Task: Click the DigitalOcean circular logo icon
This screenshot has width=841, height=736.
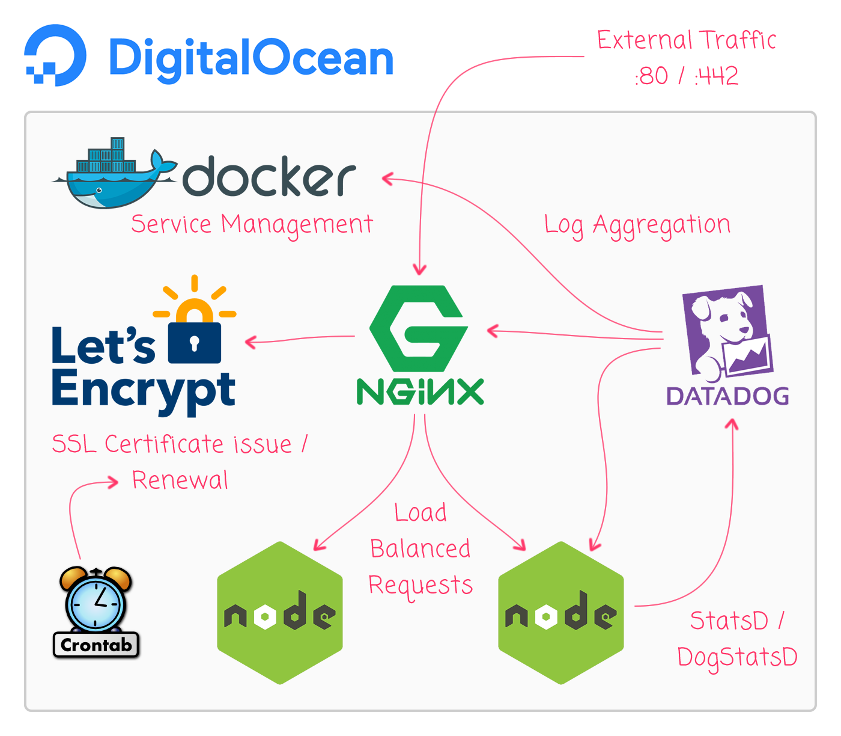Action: tap(55, 55)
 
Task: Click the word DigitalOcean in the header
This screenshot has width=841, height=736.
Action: tap(250, 58)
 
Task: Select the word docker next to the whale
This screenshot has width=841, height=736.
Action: tap(269, 177)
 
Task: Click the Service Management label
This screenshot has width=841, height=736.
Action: tap(252, 225)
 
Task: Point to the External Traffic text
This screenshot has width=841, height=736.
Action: tap(686, 40)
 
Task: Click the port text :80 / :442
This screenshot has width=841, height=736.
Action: tap(686, 76)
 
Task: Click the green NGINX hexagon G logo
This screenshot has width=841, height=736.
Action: tap(419, 328)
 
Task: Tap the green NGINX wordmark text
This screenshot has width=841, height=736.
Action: tap(420, 392)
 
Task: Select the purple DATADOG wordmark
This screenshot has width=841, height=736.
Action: tap(727, 396)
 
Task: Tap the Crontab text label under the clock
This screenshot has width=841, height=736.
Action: tap(96, 645)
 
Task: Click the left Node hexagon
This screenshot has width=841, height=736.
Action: tap(280, 613)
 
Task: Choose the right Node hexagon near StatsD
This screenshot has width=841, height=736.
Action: tap(561, 613)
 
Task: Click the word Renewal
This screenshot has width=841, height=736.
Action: tap(180, 480)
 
